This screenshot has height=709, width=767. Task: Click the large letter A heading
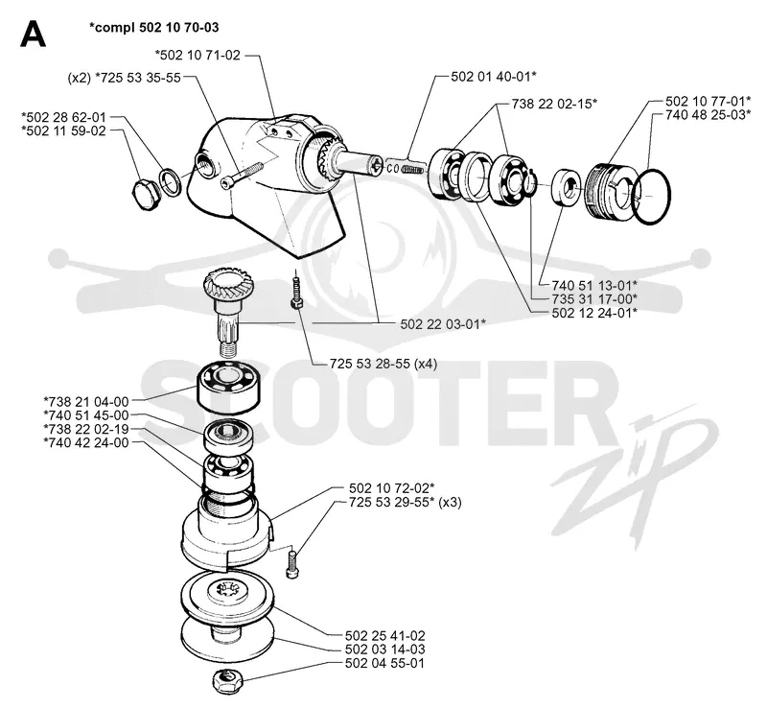34,34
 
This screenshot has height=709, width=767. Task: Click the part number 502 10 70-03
178,28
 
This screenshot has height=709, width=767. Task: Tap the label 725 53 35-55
138,78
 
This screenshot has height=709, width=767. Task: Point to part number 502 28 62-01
63,117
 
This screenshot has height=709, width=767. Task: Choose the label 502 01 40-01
493,77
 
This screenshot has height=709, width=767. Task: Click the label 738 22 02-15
554,104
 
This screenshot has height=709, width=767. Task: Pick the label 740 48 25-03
709,114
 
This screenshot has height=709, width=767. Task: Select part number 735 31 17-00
594,298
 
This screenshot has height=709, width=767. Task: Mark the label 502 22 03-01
443,324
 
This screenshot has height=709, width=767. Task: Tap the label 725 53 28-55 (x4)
383,364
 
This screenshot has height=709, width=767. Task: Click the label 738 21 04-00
86,401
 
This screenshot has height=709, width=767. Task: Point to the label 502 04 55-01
384,664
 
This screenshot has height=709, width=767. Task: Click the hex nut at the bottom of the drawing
227,681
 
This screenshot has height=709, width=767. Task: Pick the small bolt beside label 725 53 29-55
292,563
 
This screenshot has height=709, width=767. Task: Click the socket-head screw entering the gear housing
243,175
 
